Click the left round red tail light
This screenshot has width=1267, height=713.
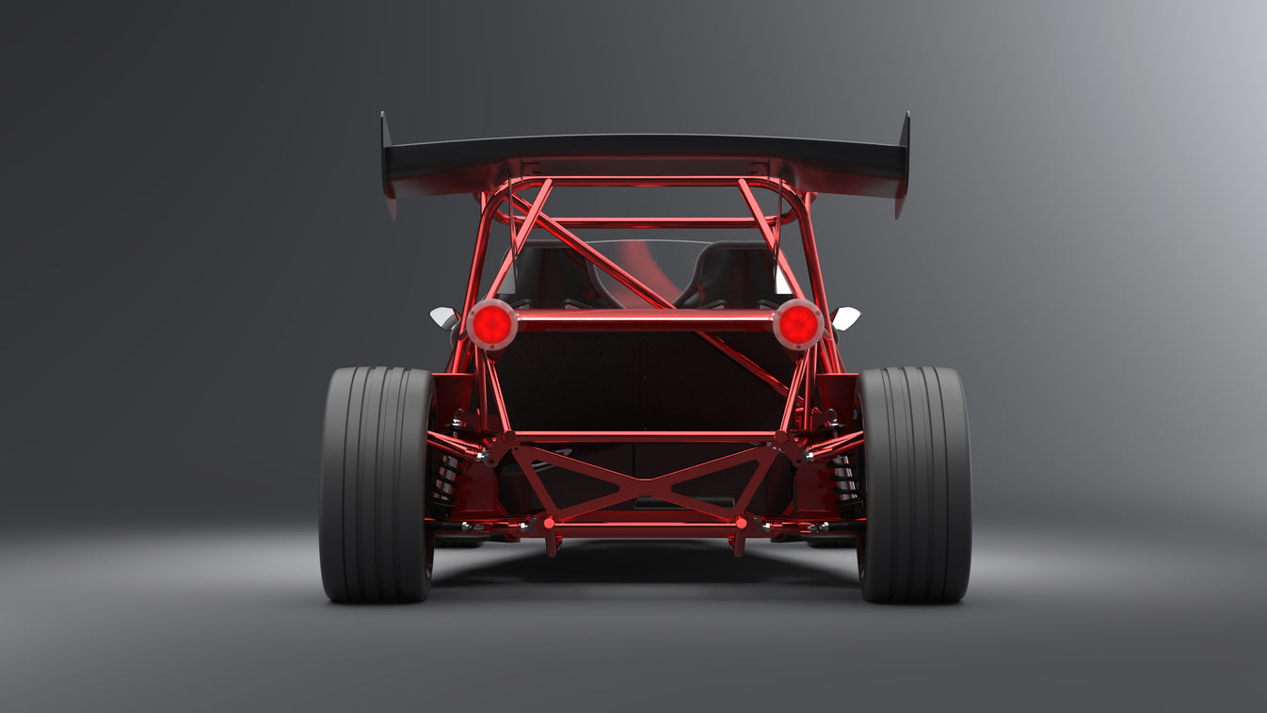(x=491, y=324)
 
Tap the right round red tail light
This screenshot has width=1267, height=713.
(x=798, y=324)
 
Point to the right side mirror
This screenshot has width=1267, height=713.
(x=845, y=317)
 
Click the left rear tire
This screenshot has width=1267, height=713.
(x=377, y=484)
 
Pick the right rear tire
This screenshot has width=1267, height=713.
(x=913, y=484)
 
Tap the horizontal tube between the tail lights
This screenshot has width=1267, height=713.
(x=645, y=321)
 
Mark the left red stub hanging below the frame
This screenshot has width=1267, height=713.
(x=553, y=545)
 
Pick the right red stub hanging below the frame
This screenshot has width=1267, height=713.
(x=737, y=545)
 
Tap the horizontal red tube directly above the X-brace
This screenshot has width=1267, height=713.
(x=645, y=437)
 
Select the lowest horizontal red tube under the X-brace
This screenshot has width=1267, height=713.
(x=645, y=530)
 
